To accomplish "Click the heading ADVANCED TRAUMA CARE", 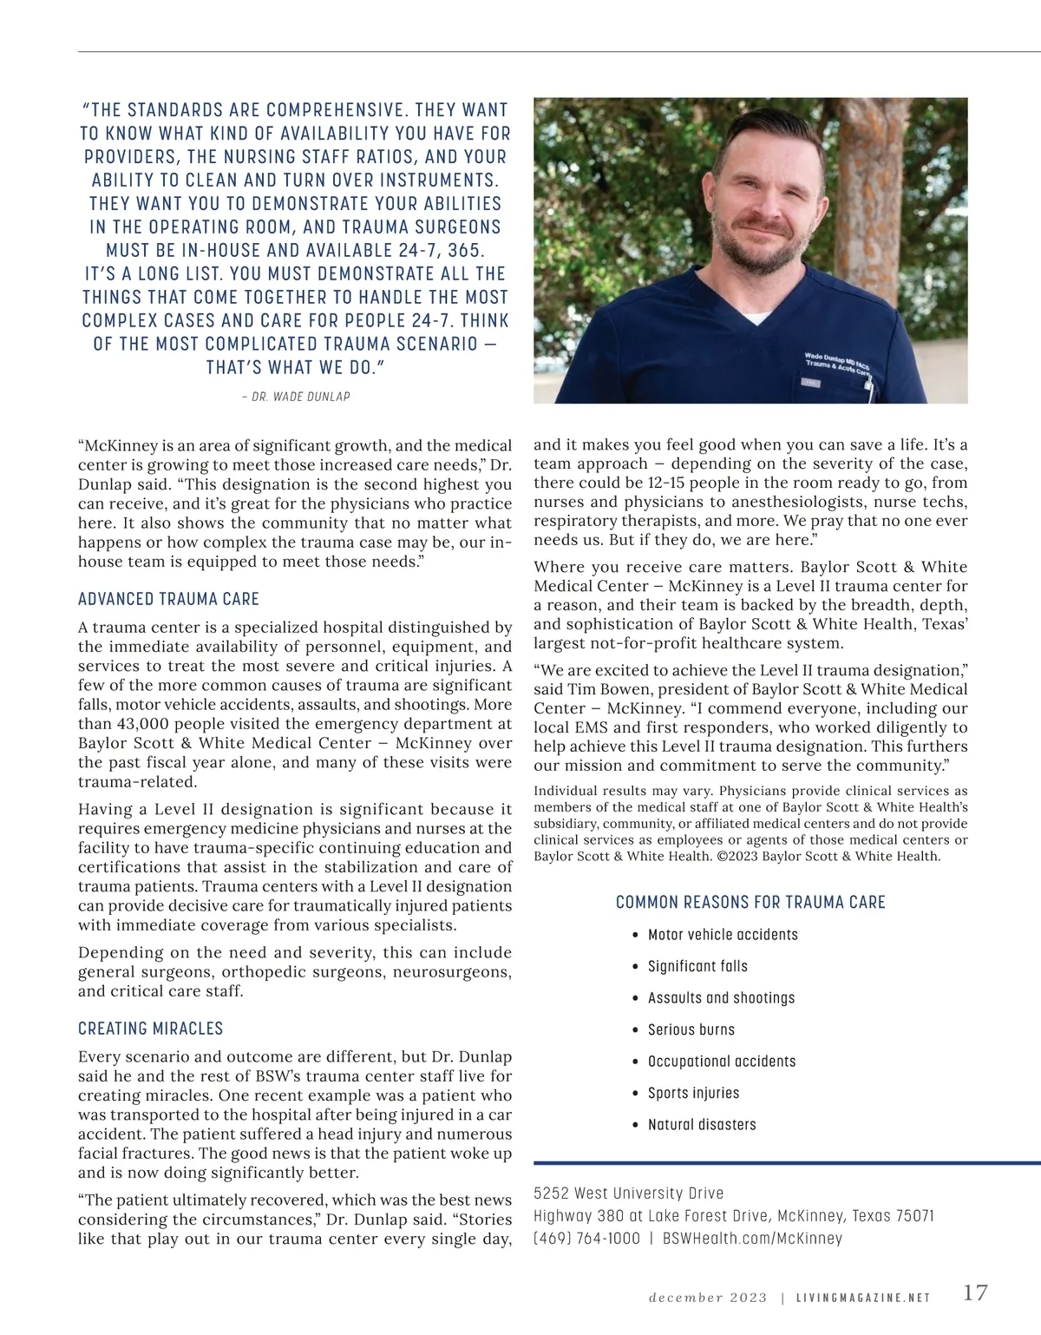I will [168, 599].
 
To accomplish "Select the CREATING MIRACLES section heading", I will [151, 1029].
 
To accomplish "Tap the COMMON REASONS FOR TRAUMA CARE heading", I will [750, 903].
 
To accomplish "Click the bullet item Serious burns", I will [691, 1029].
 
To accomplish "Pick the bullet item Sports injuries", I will [693, 1093].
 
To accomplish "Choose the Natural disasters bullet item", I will [702, 1124].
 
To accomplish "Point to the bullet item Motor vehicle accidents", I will [723, 935].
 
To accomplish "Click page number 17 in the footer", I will [975, 1292].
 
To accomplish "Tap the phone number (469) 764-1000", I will [586, 1239].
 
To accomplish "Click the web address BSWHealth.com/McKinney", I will [752, 1239].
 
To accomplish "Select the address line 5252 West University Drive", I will [628, 1194].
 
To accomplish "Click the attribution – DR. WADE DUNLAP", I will [296, 397].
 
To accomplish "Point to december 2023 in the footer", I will [708, 1298].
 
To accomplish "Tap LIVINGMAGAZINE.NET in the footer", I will [863, 1298].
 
